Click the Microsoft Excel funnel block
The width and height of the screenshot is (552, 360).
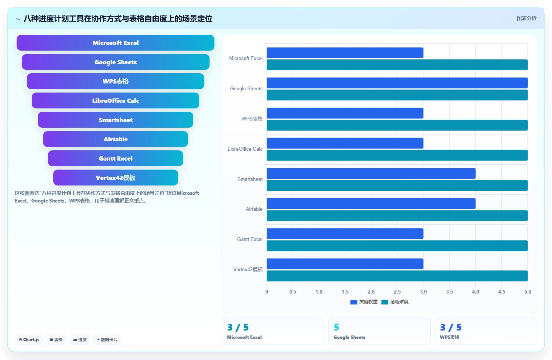click(x=115, y=43)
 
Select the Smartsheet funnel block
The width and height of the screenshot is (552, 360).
click(x=115, y=120)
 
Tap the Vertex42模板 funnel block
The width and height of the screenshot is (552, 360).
click(x=115, y=178)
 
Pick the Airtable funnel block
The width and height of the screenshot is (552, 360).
click(x=115, y=139)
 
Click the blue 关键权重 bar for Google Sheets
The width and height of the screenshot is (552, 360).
click(x=397, y=83)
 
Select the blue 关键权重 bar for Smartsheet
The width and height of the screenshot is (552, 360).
click(x=371, y=173)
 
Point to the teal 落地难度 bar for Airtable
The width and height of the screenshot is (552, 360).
click(x=397, y=215)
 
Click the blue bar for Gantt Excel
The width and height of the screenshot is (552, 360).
click(x=345, y=233)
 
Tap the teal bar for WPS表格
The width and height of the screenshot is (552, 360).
click(x=397, y=125)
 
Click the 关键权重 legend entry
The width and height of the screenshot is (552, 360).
click(x=364, y=302)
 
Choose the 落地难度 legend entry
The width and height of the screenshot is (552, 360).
click(x=395, y=302)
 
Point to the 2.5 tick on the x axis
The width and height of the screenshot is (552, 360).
click(x=397, y=292)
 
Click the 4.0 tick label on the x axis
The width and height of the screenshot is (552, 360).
click(x=475, y=292)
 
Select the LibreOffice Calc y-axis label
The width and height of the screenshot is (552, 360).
click(x=245, y=149)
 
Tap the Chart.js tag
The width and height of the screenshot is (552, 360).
click(x=29, y=340)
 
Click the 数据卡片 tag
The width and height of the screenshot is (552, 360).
click(x=107, y=340)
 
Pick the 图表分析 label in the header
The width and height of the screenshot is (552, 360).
click(x=526, y=18)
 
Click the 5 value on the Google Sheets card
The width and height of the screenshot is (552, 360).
click(x=336, y=327)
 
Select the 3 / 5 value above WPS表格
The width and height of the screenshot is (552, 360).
click(x=451, y=327)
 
